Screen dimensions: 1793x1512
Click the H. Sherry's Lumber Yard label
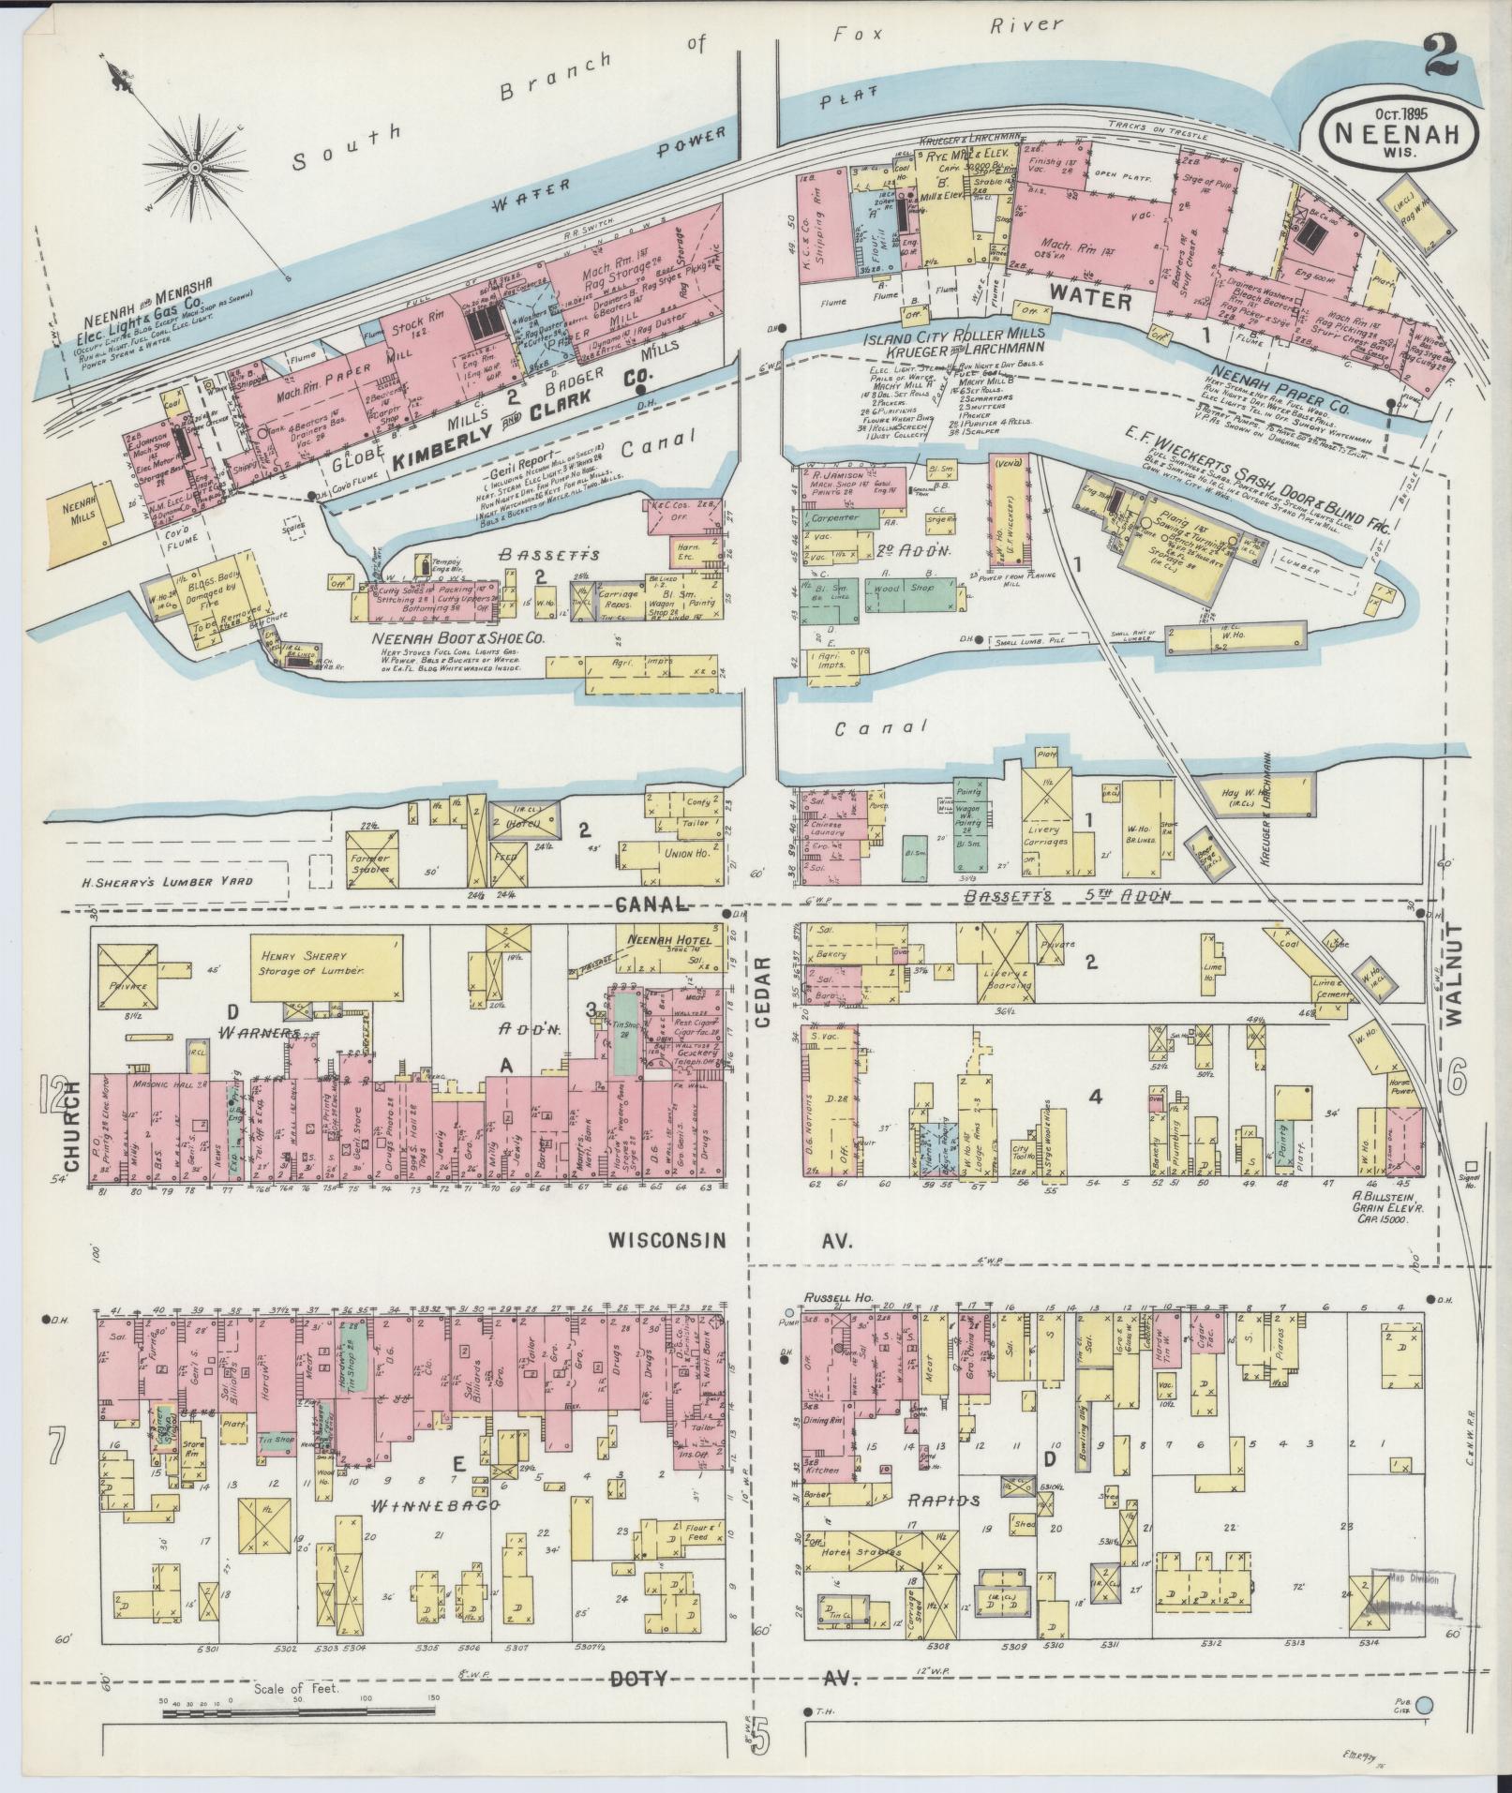pos(160,880)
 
